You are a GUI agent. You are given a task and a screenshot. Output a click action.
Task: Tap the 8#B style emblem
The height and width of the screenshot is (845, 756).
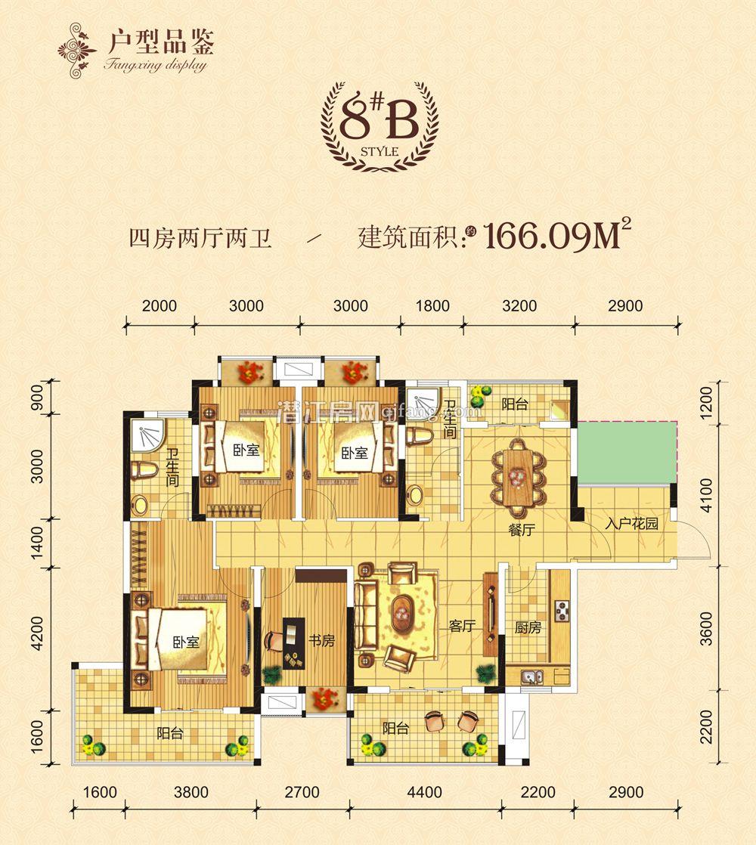point(379,125)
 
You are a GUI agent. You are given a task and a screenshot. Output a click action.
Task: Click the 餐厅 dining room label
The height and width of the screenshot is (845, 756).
point(522,530)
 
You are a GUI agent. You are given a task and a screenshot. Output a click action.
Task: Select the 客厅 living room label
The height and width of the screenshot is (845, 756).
point(460,626)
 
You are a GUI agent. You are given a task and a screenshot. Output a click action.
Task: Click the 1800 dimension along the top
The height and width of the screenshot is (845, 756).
point(432,306)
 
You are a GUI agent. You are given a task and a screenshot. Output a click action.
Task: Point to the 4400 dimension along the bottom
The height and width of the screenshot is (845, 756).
point(424,793)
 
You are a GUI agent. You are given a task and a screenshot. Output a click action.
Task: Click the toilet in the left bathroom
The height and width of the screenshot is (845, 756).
point(143,472)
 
